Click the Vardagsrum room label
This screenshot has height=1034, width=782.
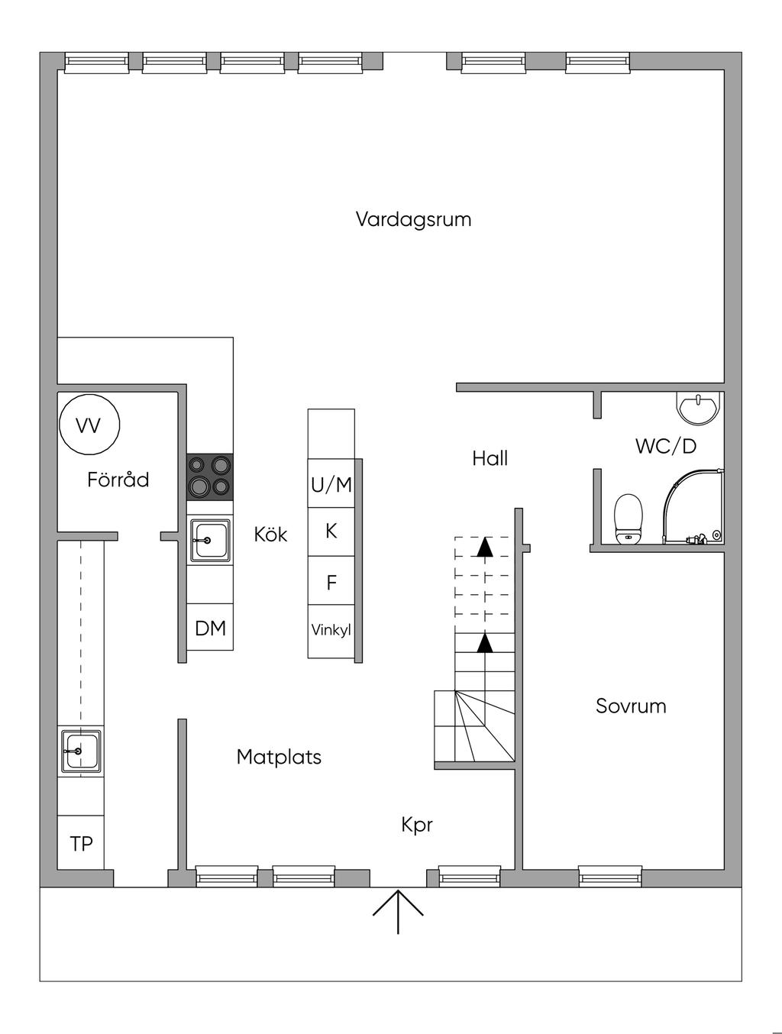pos(413,220)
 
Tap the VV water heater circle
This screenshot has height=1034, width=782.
pos(89,425)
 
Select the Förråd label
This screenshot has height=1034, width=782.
pos(118,480)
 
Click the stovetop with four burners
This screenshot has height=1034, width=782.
pos(210,477)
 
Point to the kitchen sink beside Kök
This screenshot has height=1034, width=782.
pos(210,541)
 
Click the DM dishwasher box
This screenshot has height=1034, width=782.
pos(210,627)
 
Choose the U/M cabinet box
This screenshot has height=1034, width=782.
pos(331,483)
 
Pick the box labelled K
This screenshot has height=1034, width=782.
pos(331,532)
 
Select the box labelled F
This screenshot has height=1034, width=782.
pos(331,580)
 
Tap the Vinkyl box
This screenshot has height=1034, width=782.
pos(331,632)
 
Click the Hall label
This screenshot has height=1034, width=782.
pos(490,458)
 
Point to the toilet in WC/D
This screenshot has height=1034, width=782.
pos(629,519)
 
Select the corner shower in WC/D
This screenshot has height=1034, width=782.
pos(693,507)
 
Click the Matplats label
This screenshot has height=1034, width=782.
pos(279,757)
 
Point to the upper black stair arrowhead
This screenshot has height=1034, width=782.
pos(485,547)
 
